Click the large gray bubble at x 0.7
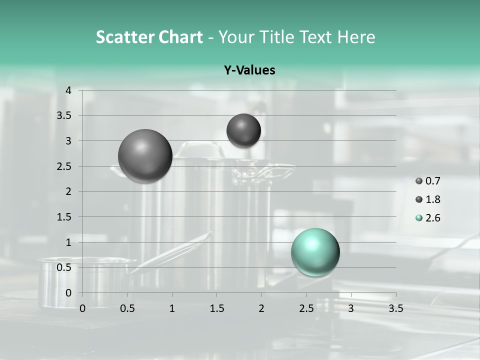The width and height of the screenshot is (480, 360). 145,156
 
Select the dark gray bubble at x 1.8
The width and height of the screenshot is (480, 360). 243,130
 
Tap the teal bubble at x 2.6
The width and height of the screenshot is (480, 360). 315,252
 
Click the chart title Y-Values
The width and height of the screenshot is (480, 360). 249,70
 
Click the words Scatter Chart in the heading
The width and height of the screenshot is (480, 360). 149,37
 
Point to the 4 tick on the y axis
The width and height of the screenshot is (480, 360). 68,90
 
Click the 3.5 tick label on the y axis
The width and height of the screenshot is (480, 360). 64,116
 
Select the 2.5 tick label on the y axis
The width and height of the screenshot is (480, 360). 64,166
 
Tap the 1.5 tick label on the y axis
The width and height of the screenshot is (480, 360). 64,217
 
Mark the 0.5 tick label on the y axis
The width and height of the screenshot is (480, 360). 64,267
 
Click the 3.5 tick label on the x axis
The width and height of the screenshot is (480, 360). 395,308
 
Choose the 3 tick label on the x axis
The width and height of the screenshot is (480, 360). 350,308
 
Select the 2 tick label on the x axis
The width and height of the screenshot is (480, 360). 261,308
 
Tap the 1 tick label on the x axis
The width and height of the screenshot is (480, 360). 172,308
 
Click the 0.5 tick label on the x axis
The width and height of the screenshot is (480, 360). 127,308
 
